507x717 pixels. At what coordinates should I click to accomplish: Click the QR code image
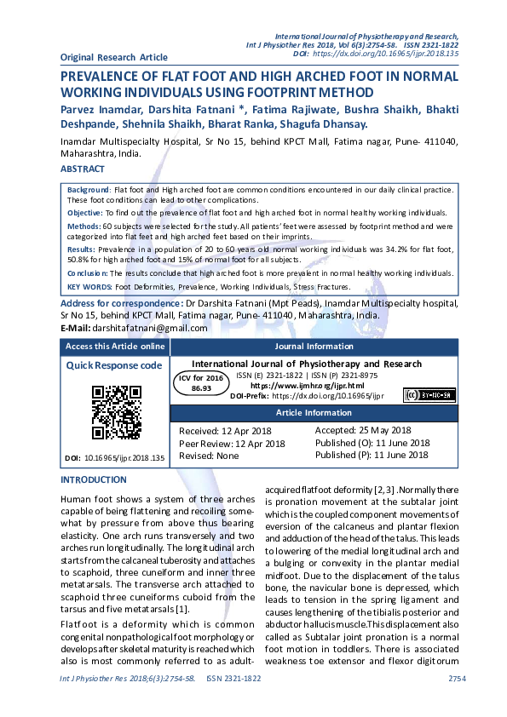tap(116, 412)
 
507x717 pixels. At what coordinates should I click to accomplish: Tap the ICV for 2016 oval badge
tap(201, 382)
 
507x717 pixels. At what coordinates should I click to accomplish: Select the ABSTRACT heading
tap(83, 169)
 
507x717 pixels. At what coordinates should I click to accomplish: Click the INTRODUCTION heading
tap(93, 480)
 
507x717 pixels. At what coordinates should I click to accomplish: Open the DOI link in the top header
tap(385, 53)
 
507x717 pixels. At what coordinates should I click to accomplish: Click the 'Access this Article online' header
tap(115, 347)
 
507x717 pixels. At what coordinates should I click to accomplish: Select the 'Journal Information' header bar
tap(314, 347)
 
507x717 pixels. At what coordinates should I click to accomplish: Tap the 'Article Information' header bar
tap(314, 413)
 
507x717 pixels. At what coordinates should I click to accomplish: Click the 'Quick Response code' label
tap(114, 365)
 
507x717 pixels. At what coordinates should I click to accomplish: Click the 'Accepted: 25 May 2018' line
tap(363, 431)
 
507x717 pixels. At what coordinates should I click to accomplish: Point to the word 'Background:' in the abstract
tap(89, 187)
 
